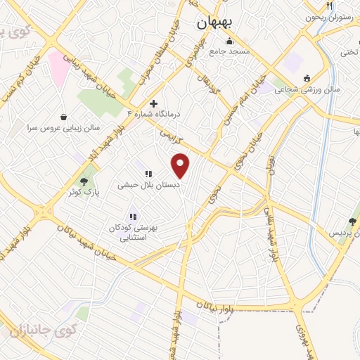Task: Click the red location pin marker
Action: pos(181,165)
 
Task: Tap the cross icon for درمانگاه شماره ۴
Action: pos(154,103)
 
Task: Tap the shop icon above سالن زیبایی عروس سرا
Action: pos(65,117)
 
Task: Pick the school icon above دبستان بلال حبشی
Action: pos(148,174)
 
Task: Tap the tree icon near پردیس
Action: pos(352,221)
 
